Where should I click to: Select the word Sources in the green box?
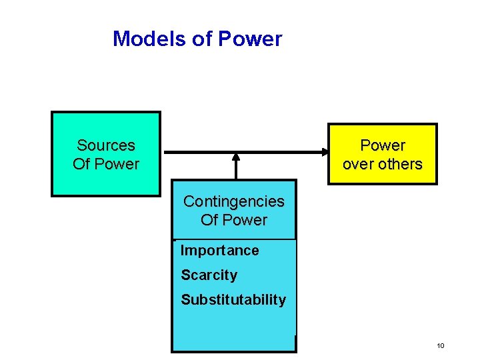pos(106,145)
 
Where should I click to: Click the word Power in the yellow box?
pos(383,145)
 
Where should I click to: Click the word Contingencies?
pos(233,201)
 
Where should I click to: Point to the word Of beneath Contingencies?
pos(209,220)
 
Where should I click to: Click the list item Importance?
pos(219,251)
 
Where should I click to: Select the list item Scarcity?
pos(209,275)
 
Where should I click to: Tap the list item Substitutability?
pos(233,299)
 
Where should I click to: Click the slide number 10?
pos(440,345)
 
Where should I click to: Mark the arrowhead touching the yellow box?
pos(322,153)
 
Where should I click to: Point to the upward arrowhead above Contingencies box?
pos(235,157)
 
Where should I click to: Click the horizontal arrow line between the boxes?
pos(200,153)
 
